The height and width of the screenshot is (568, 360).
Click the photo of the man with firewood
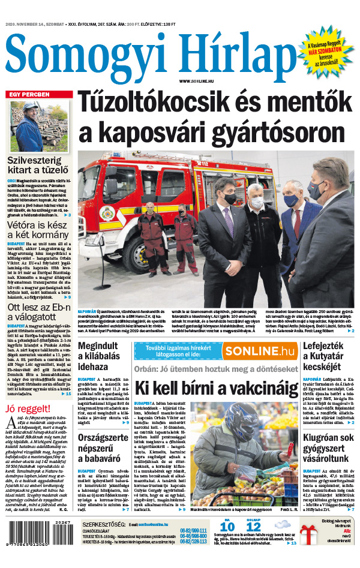click(34, 126)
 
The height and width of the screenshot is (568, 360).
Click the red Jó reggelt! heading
click(24, 410)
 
